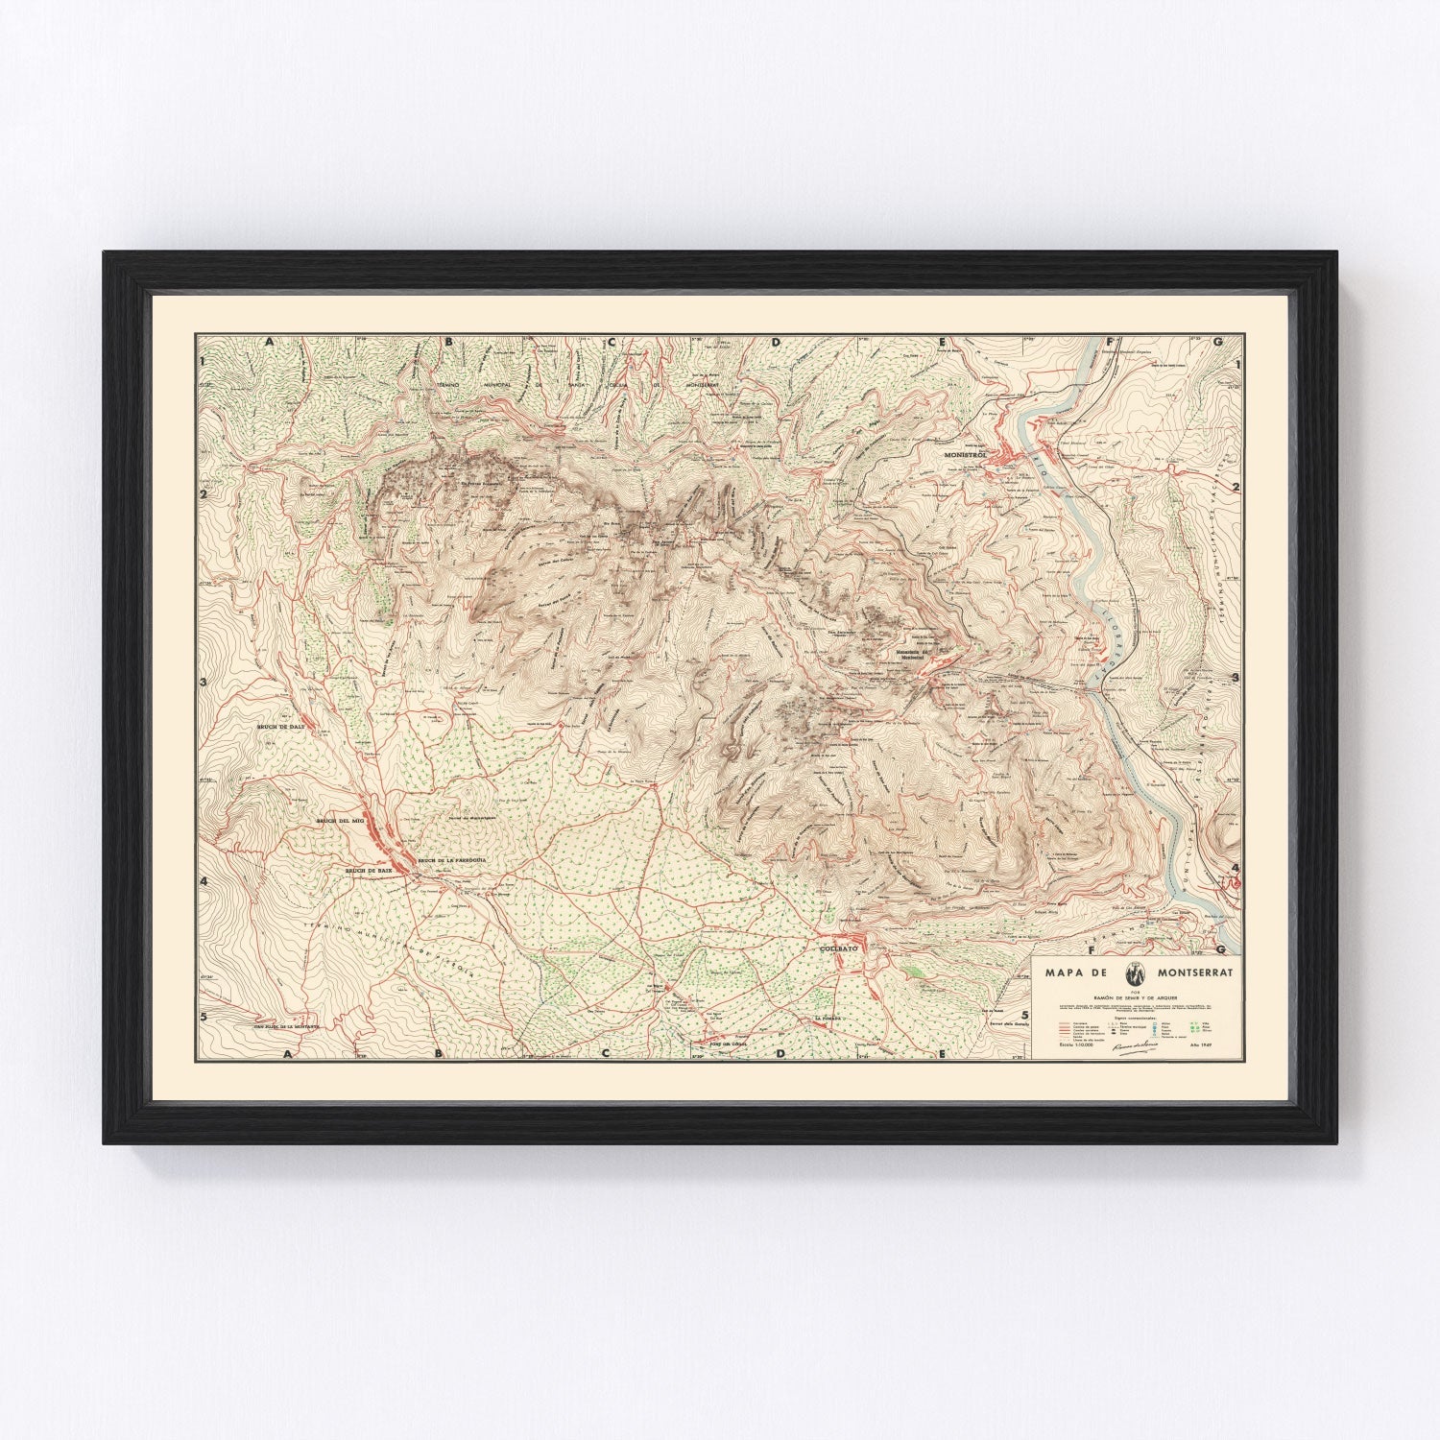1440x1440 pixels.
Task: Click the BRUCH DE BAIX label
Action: coord(371,870)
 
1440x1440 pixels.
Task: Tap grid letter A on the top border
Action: coord(272,342)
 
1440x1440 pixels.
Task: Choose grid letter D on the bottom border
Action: coord(780,1054)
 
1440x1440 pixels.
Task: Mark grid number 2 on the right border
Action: coord(1237,487)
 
